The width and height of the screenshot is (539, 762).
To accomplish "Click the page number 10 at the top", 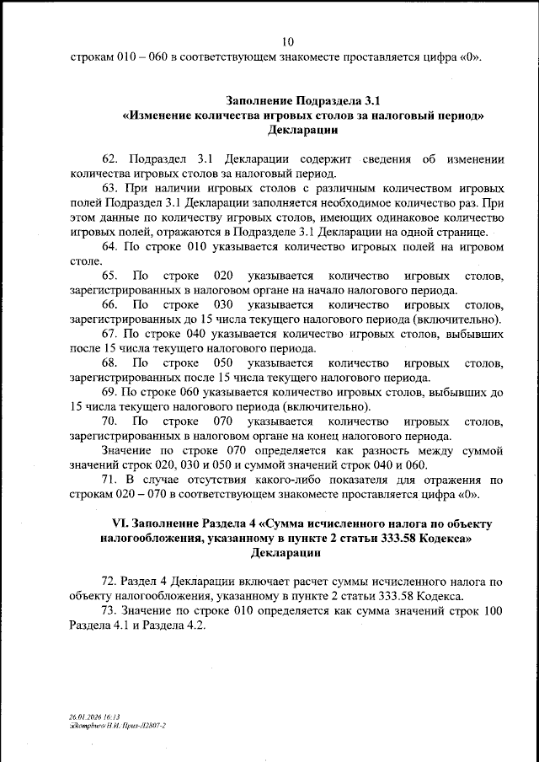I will (288, 42).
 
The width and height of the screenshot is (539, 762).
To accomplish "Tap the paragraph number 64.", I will (110, 246).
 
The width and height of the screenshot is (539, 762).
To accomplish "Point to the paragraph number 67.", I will (110, 334).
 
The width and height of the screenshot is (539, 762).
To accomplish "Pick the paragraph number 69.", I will (110, 392).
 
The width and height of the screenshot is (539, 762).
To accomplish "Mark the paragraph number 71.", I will (110, 480).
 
